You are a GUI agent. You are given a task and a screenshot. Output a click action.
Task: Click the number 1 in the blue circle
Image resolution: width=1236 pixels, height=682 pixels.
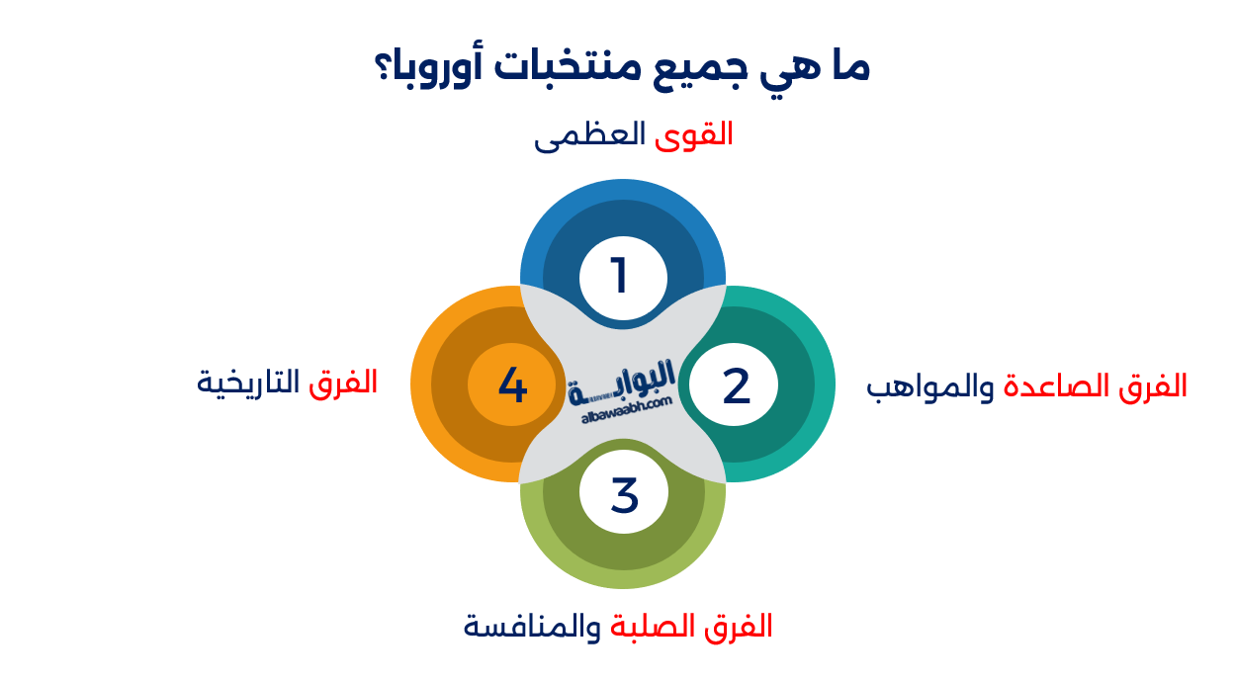(x=621, y=276)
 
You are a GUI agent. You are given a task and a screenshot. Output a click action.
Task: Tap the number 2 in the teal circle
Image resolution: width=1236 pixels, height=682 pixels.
(x=736, y=385)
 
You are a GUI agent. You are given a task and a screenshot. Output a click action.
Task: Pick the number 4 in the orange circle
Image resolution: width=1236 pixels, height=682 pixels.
(x=512, y=384)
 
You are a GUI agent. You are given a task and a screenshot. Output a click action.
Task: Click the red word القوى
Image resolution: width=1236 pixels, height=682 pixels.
(x=694, y=134)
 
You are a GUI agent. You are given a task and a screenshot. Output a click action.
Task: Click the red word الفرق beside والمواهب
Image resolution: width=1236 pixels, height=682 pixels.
(x=1147, y=386)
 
